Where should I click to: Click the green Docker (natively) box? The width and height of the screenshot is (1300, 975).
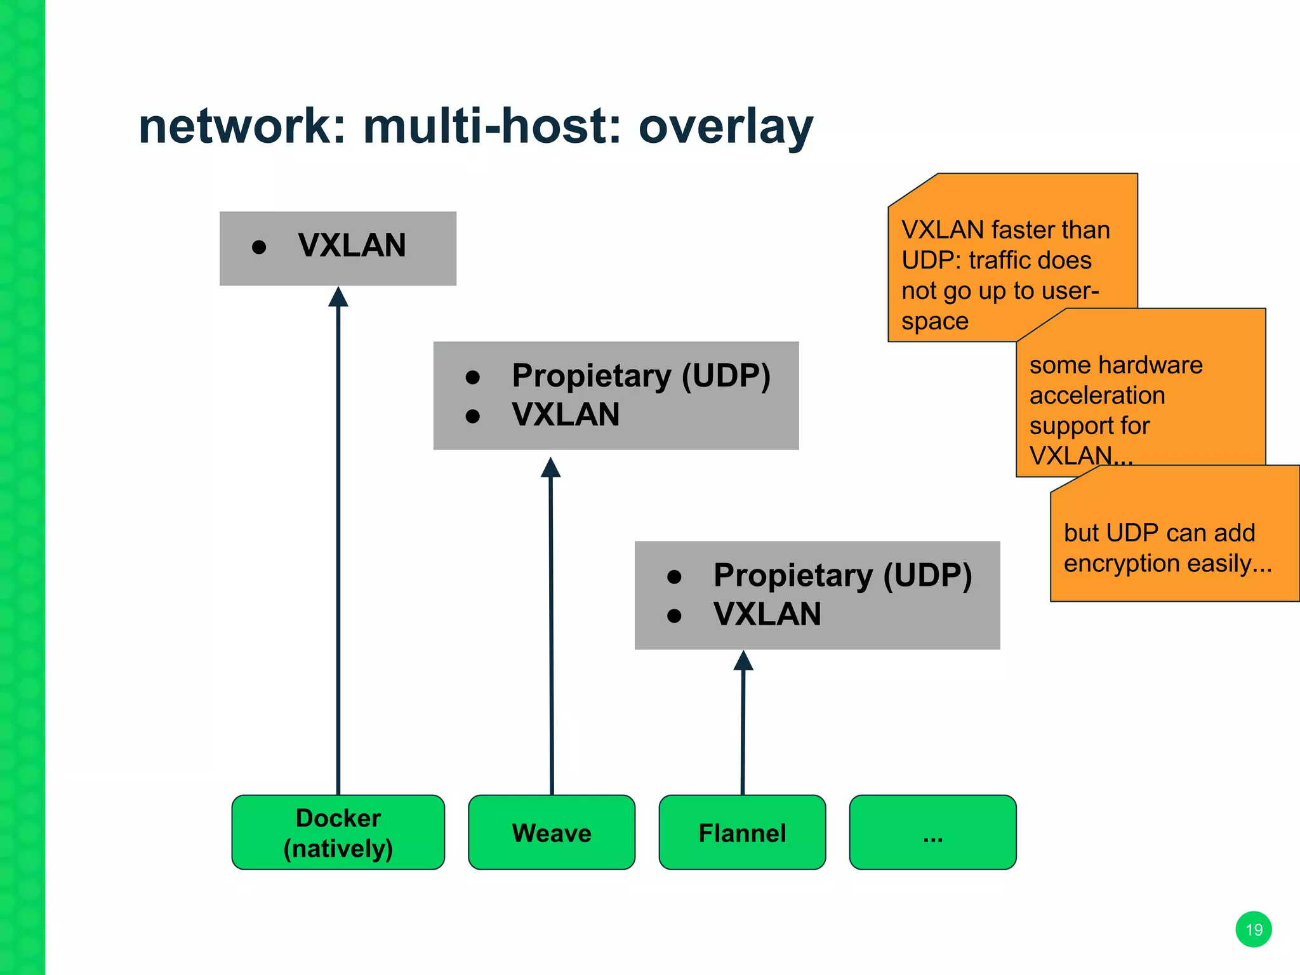pyautogui.click(x=338, y=832)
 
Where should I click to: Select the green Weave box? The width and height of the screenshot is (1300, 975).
pyautogui.click(x=551, y=832)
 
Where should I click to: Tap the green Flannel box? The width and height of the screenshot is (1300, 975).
pyautogui.click(x=742, y=832)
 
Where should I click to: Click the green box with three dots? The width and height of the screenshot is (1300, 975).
pyautogui.click(x=932, y=832)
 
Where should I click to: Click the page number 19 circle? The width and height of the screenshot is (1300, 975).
pyautogui.click(x=1254, y=929)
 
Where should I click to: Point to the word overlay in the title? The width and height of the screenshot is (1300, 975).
pyautogui.click(x=726, y=126)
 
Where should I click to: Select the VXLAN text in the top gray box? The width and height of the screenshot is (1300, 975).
pyautogui.click(x=352, y=246)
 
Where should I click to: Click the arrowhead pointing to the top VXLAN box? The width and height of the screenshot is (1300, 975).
pyautogui.click(x=338, y=297)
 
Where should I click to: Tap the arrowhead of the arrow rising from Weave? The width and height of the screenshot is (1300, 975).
pyautogui.click(x=550, y=468)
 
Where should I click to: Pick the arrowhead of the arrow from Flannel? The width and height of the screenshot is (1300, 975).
pyautogui.click(x=743, y=661)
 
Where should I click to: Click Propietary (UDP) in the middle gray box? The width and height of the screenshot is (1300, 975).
pyautogui.click(x=641, y=376)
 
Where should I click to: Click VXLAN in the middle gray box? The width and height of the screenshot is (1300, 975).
pyautogui.click(x=566, y=415)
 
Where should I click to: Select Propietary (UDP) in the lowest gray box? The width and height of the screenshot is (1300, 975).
pyautogui.click(x=842, y=575)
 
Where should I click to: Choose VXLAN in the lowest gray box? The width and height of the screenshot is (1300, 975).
pyautogui.click(x=767, y=614)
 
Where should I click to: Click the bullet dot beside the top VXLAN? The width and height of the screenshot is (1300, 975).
pyautogui.click(x=258, y=247)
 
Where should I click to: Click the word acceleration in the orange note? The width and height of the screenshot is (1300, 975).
pyautogui.click(x=1097, y=395)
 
